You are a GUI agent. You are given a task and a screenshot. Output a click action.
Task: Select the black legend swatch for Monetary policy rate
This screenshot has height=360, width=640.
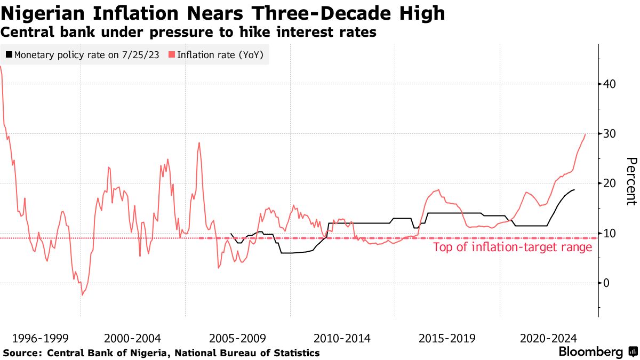[x=9, y=54]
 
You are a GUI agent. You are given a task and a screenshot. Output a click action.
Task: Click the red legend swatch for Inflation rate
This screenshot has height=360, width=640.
[x=172, y=54]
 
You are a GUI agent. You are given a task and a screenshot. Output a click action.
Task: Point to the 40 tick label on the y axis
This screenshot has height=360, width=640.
[x=610, y=84]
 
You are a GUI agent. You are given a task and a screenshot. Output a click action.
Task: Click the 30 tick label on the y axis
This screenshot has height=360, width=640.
[x=610, y=133]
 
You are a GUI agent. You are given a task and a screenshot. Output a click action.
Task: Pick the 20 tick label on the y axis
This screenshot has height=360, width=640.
[x=610, y=183]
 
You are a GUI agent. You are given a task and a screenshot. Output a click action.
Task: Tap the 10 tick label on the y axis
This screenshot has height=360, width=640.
[x=610, y=233]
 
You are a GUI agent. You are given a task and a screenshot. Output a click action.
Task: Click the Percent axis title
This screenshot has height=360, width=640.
[x=631, y=181]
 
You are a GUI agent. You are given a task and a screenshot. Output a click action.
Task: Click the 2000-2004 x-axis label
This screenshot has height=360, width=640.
[x=132, y=338]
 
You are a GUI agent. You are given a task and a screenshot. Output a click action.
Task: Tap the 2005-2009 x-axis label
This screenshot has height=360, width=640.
[x=237, y=338]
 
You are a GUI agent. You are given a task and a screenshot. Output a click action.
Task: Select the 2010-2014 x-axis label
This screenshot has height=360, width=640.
[x=342, y=338]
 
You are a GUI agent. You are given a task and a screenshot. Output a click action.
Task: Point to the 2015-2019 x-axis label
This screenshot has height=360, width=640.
[x=446, y=338]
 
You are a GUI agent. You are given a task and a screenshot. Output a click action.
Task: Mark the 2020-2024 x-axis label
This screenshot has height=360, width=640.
[x=548, y=338]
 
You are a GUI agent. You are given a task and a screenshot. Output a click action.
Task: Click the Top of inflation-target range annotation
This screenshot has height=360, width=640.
[x=513, y=247]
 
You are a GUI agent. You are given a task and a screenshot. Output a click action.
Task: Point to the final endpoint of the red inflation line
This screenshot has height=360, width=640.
[x=586, y=134]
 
